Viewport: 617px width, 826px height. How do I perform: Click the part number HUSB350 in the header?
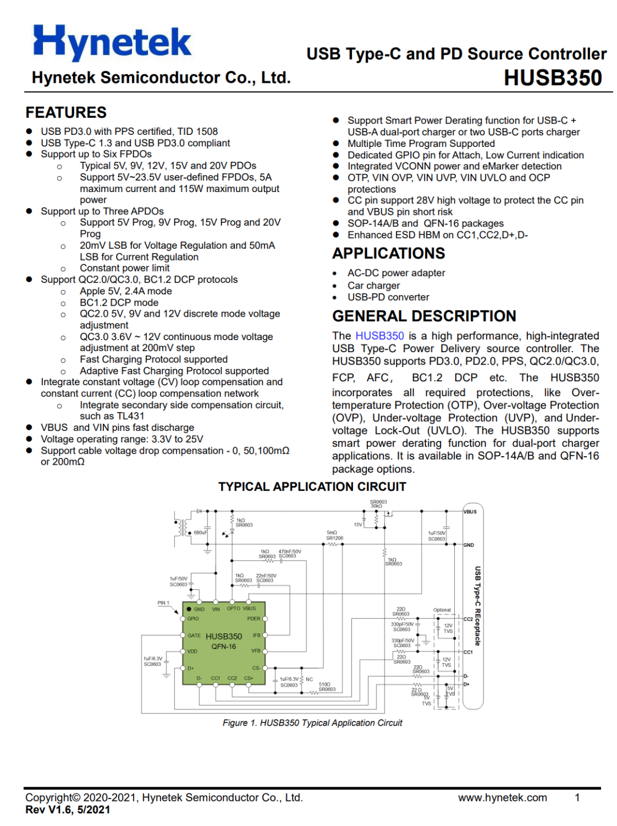[552, 78]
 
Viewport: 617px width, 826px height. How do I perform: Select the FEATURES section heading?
[66, 113]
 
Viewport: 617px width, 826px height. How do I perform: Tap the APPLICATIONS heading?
[388, 253]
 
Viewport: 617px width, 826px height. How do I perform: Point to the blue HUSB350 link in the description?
[379, 336]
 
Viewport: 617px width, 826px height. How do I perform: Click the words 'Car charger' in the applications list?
[374, 285]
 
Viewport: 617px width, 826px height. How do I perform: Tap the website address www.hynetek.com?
[502, 797]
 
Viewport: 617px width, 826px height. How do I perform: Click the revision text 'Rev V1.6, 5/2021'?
[67, 809]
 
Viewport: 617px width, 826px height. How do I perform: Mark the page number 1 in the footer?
[577, 797]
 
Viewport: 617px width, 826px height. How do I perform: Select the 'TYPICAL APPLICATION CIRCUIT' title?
[312, 486]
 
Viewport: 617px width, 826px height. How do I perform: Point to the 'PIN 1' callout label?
[163, 602]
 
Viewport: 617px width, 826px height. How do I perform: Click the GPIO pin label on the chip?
[193, 618]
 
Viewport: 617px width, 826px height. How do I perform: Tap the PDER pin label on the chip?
[254, 618]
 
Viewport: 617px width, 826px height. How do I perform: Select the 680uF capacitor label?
[200, 532]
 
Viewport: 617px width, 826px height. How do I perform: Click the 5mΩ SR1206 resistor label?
[334, 535]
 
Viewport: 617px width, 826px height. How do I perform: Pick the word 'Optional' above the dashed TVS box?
[442, 610]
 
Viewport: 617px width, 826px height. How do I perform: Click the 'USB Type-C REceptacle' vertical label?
[478, 606]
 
